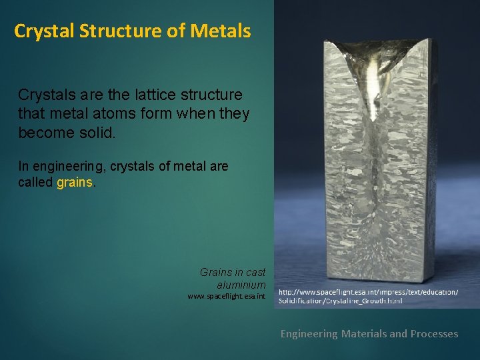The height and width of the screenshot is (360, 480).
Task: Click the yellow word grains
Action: point(76,182)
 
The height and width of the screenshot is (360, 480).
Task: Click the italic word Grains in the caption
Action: point(215,272)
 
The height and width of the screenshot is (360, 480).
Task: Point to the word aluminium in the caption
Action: point(241,285)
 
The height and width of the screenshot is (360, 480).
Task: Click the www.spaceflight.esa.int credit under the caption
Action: point(227,296)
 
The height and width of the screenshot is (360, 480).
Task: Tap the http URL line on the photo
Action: point(368,293)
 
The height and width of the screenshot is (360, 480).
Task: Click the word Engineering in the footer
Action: point(309,333)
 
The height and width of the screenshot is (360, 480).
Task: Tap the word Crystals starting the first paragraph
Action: point(44,95)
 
